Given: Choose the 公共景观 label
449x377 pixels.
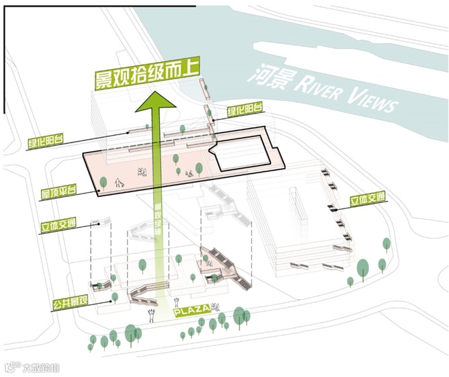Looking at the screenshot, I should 70,304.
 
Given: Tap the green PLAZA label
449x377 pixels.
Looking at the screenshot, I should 193,312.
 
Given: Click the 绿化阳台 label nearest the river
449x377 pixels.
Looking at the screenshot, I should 245,110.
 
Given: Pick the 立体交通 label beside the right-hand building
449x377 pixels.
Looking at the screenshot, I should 368,200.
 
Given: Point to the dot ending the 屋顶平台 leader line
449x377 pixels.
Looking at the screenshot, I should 98,191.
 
